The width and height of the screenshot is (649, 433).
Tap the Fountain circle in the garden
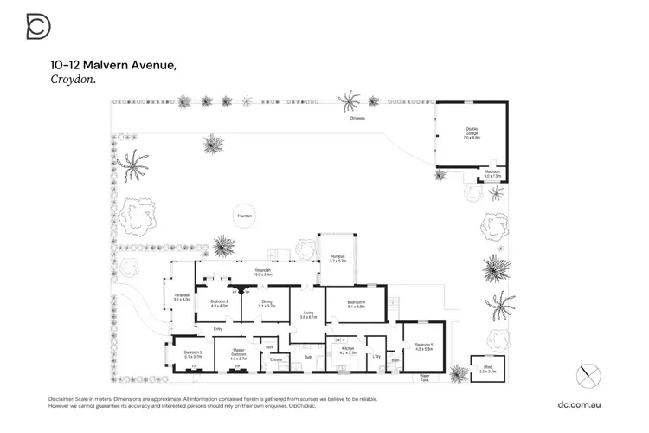[246, 216]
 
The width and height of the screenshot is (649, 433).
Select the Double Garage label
[471, 135]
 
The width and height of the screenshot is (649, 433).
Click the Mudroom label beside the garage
[493, 173]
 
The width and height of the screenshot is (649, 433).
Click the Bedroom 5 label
[422, 346]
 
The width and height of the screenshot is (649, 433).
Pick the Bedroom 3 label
[192, 354]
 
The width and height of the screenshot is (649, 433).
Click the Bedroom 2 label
[219, 304]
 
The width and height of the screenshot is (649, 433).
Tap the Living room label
[309, 315]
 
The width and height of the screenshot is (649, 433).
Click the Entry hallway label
[218, 329]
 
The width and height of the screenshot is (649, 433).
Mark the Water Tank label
[425, 378]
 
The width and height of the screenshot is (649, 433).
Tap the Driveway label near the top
[357, 118]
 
